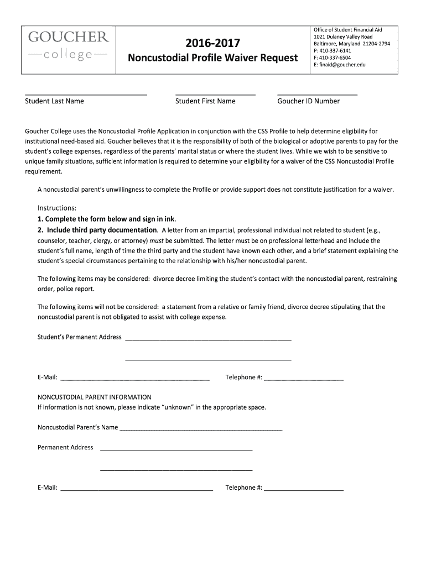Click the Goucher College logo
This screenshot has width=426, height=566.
coord(69,46)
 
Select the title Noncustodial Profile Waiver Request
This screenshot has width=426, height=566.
coord(214,58)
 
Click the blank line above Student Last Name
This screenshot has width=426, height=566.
coord(86,95)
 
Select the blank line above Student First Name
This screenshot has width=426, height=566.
coord(215,95)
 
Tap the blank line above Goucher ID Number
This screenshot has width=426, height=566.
coord(317,95)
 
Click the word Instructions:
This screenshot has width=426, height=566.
coord(56,208)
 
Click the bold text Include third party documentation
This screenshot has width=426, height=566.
coord(102,230)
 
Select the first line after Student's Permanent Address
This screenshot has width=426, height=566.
coord(208,339)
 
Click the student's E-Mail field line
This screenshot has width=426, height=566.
coord(134,380)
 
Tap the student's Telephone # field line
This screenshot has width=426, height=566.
coord(304,380)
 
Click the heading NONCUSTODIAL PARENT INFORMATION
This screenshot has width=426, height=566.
coord(94,397)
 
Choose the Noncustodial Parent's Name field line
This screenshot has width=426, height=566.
coord(201,429)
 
